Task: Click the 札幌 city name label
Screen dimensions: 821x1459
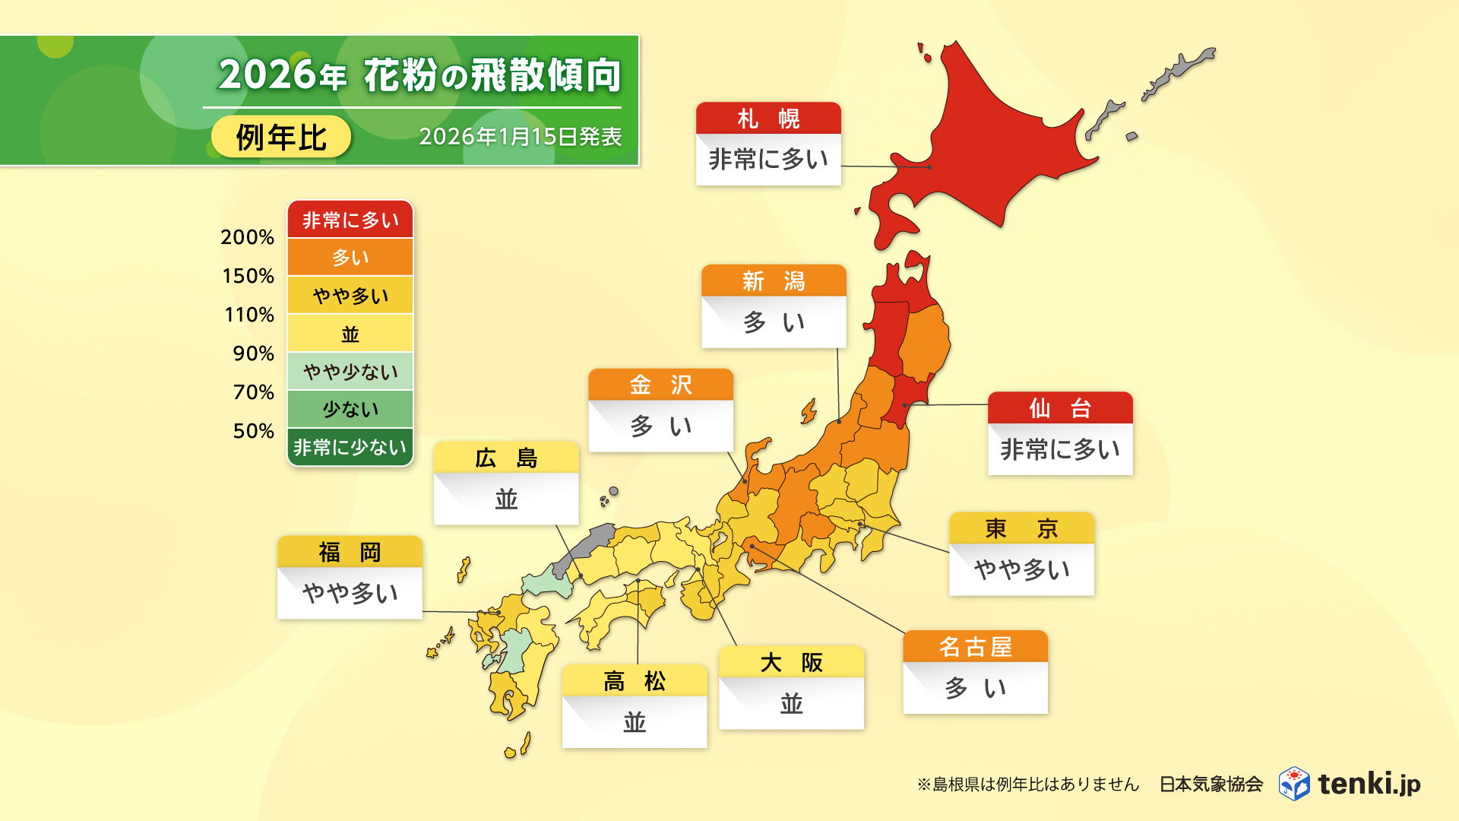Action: click(768, 119)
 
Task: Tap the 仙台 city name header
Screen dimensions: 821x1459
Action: click(1060, 408)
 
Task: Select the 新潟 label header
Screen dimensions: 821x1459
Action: click(774, 281)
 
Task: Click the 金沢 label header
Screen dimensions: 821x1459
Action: click(660, 385)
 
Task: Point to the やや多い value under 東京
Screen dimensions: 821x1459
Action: click(1021, 569)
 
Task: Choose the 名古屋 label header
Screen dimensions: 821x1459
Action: click(975, 647)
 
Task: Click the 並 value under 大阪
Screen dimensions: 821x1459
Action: click(791, 703)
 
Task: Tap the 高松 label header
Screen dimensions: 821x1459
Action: click(635, 681)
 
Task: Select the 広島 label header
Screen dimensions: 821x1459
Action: click(506, 458)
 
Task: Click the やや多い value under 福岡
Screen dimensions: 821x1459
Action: click(350, 593)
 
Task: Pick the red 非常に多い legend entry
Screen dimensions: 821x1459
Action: click(350, 220)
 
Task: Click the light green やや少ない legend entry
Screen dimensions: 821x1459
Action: click(350, 372)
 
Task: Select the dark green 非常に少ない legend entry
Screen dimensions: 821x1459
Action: click(350, 448)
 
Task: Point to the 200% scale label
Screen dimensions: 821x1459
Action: click(247, 237)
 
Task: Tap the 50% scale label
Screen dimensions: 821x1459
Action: click(253, 431)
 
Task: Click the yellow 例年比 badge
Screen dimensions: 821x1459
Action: click(281, 138)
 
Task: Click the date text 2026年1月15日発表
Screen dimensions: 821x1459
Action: click(520, 137)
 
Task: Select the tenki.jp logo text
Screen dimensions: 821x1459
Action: click(1369, 784)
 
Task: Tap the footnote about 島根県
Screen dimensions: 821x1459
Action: click(1027, 785)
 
